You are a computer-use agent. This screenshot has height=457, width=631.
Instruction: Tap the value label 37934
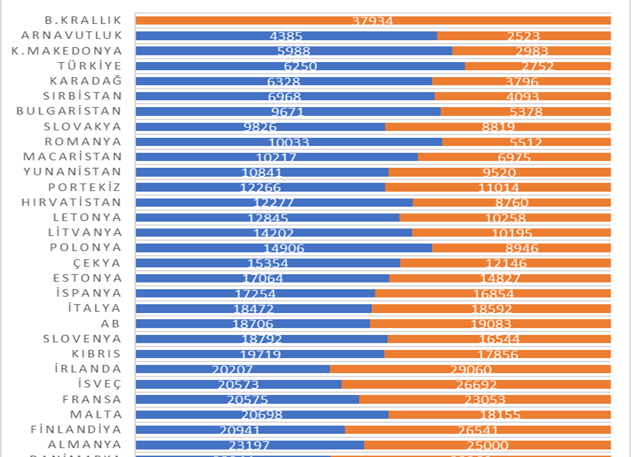coord(373,21)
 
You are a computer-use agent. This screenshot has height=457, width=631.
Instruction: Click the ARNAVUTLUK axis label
coord(72,35)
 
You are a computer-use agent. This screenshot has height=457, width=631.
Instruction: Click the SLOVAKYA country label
coord(82,126)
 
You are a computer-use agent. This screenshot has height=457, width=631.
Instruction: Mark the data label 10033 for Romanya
coord(289,143)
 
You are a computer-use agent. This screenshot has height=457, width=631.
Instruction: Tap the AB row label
coord(110,323)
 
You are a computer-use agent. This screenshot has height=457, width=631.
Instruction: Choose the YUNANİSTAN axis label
coord(72,171)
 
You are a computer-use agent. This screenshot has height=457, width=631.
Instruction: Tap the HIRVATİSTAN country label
coord(72,202)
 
